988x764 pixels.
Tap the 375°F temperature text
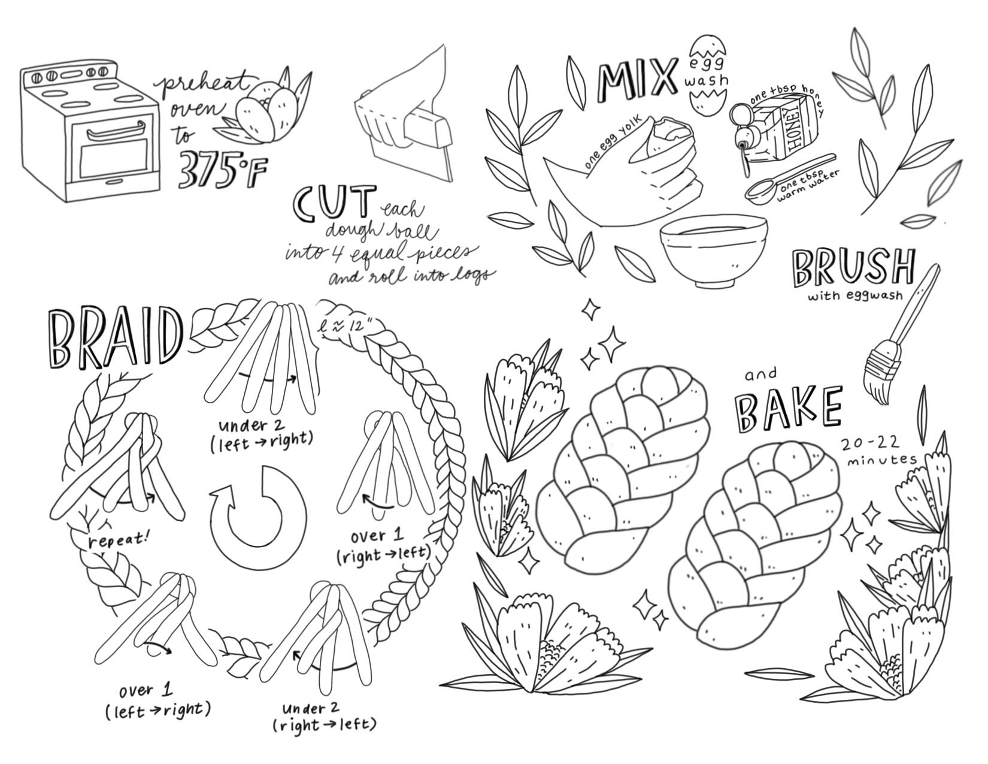pyautogui.click(x=220, y=170)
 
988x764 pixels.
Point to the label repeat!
pyautogui.click(x=119, y=542)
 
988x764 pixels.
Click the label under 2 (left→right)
pyautogui.click(x=262, y=435)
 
